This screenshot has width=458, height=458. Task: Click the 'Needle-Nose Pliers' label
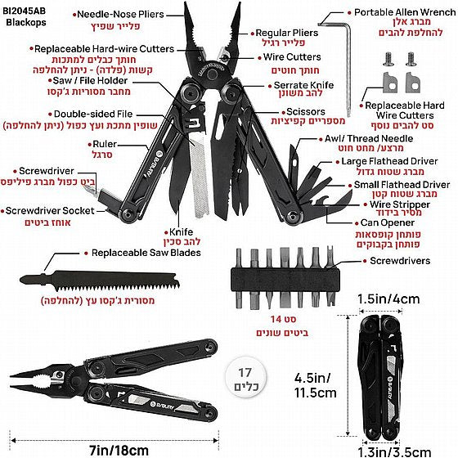[120, 15]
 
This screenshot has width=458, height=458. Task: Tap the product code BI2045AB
[25, 11]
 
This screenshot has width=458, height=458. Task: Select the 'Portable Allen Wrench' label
[405, 12]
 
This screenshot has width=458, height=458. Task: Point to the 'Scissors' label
[306, 111]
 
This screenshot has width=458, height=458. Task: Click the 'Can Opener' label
[388, 222]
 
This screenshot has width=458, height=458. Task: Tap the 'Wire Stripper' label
[400, 204]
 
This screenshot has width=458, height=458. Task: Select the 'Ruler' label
[105, 144]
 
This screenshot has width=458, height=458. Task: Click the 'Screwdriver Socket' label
[50, 211]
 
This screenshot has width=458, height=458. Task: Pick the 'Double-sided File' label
[93, 114]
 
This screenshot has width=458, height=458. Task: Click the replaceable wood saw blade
[100, 281]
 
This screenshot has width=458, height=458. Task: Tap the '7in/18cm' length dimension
[119, 450]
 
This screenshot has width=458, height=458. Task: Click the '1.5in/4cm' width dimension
[388, 299]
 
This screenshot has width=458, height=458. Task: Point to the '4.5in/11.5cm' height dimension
[315, 385]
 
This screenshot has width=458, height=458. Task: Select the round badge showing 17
[245, 377]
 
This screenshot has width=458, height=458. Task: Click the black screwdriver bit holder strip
[285, 281]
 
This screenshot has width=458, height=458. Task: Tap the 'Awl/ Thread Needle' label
[369, 138]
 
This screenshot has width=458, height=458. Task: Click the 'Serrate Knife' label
[303, 85]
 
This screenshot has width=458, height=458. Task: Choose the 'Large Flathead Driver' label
[389, 161]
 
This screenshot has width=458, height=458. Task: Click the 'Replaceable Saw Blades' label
[146, 253]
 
